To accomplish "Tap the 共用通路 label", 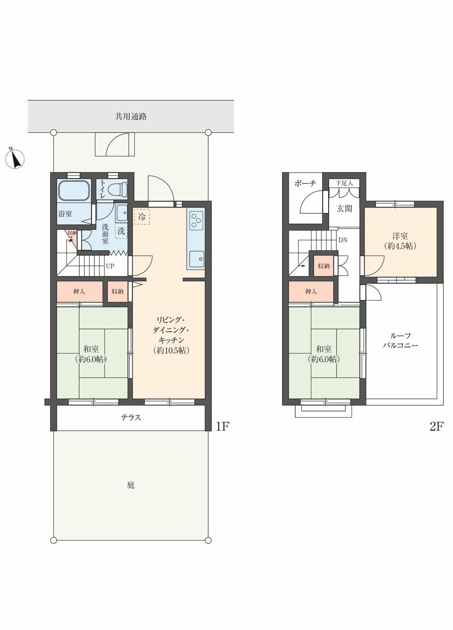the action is point(131,117).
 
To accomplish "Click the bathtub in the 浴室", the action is point(74,190).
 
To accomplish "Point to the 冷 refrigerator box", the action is point(142,217).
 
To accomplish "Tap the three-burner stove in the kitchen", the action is point(195,219).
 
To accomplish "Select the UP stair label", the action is point(110,266).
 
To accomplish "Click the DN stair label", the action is point(343,240).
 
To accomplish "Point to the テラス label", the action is point(131,418).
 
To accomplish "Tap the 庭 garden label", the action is point(131,485).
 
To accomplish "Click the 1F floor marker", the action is point(223,427).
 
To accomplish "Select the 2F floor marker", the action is point(437,427).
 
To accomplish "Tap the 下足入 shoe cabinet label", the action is point(344,183).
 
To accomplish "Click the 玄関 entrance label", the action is point(344,208).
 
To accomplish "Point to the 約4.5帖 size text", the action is point(400,246).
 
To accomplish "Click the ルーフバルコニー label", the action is point(400,340).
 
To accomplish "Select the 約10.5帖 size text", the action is point(171,350).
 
